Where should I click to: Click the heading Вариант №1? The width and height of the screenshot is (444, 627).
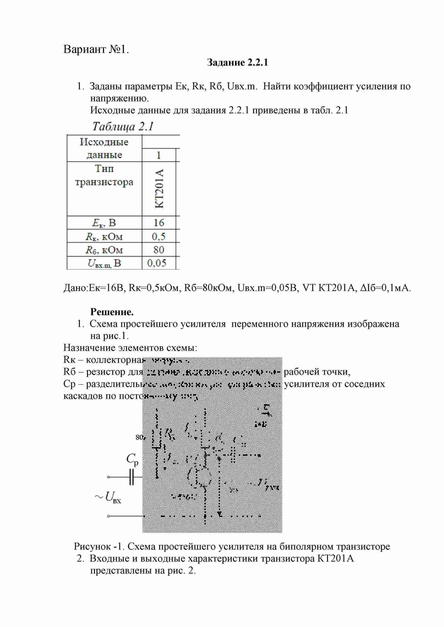pos(96,50)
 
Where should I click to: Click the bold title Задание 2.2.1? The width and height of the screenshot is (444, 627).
pos(237,63)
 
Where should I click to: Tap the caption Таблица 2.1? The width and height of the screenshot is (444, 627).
pos(123,126)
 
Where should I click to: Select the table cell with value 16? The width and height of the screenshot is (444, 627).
pos(159,223)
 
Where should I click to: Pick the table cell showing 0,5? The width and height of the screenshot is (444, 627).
pos(159,236)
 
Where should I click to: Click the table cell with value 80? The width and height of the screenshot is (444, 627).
pos(159,250)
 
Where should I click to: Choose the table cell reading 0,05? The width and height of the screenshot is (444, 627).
pos(157,263)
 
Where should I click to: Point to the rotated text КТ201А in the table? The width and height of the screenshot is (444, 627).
pos(159,188)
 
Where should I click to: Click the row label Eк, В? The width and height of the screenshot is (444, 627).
pos(104,223)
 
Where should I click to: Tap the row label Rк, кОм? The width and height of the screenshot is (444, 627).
pos(104,236)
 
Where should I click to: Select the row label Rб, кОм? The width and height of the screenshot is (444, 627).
pos(104,250)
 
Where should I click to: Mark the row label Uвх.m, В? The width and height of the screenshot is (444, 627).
pos(104,263)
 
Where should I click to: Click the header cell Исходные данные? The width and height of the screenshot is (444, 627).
pos(104,148)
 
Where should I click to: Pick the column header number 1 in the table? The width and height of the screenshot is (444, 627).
pos(159,155)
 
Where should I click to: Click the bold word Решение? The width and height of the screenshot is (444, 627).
pos(112,311)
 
